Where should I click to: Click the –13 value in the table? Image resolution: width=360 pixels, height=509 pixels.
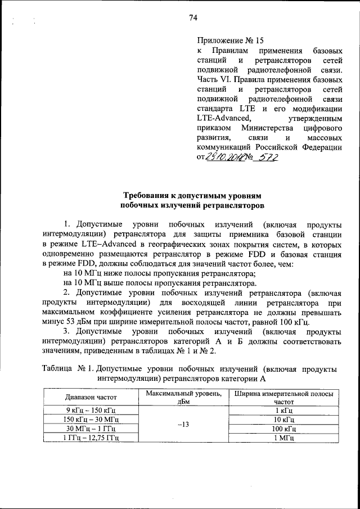point(182,424)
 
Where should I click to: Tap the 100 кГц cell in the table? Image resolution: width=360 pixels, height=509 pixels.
point(283,428)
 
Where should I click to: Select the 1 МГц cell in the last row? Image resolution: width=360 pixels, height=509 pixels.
point(283,437)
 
